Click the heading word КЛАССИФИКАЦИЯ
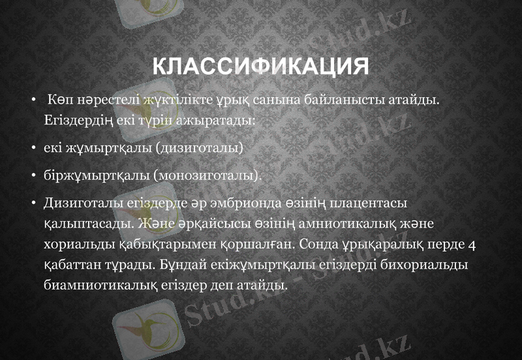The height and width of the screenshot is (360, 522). [x=260, y=67]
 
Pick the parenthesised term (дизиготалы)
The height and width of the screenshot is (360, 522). [x=199, y=148]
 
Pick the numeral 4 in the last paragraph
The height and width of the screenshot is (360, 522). [x=472, y=245]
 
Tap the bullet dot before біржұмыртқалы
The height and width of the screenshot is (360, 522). [x=33, y=175]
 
